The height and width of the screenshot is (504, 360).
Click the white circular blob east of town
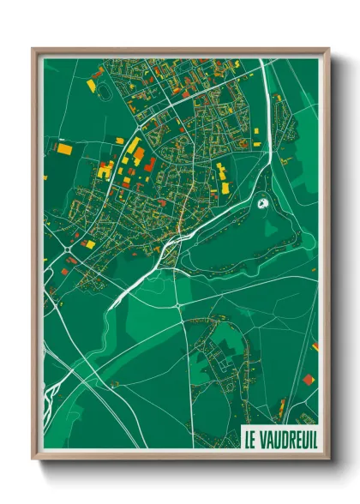(x=263, y=204)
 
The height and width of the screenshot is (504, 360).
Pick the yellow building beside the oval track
(x=91, y=85)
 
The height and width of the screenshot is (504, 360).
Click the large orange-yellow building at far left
(x=64, y=148)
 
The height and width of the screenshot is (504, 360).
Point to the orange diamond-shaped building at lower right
(x=308, y=378)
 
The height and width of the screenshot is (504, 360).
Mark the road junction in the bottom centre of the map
(x=177, y=303)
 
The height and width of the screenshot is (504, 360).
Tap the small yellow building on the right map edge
(x=315, y=346)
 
